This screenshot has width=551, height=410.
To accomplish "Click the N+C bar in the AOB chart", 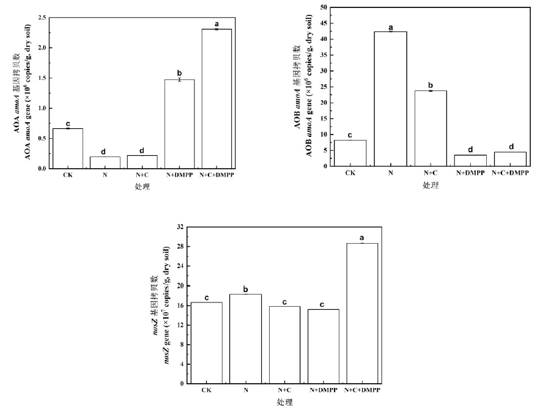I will pyautogui.click(x=431, y=128).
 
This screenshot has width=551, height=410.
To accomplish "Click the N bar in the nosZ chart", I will pyautogui.click(x=245, y=339).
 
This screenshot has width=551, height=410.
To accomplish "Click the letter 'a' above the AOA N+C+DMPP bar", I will pyautogui.click(x=216, y=24).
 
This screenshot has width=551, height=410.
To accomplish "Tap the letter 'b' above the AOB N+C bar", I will pyautogui.click(x=431, y=85).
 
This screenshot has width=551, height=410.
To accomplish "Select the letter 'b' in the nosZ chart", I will pyautogui.click(x=245, y=288).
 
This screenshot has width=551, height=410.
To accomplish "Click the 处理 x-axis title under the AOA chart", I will pyautogui.click(x=142, y=186).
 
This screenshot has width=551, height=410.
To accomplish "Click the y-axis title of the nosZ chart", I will pyautogui.click(x=163, y=305).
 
